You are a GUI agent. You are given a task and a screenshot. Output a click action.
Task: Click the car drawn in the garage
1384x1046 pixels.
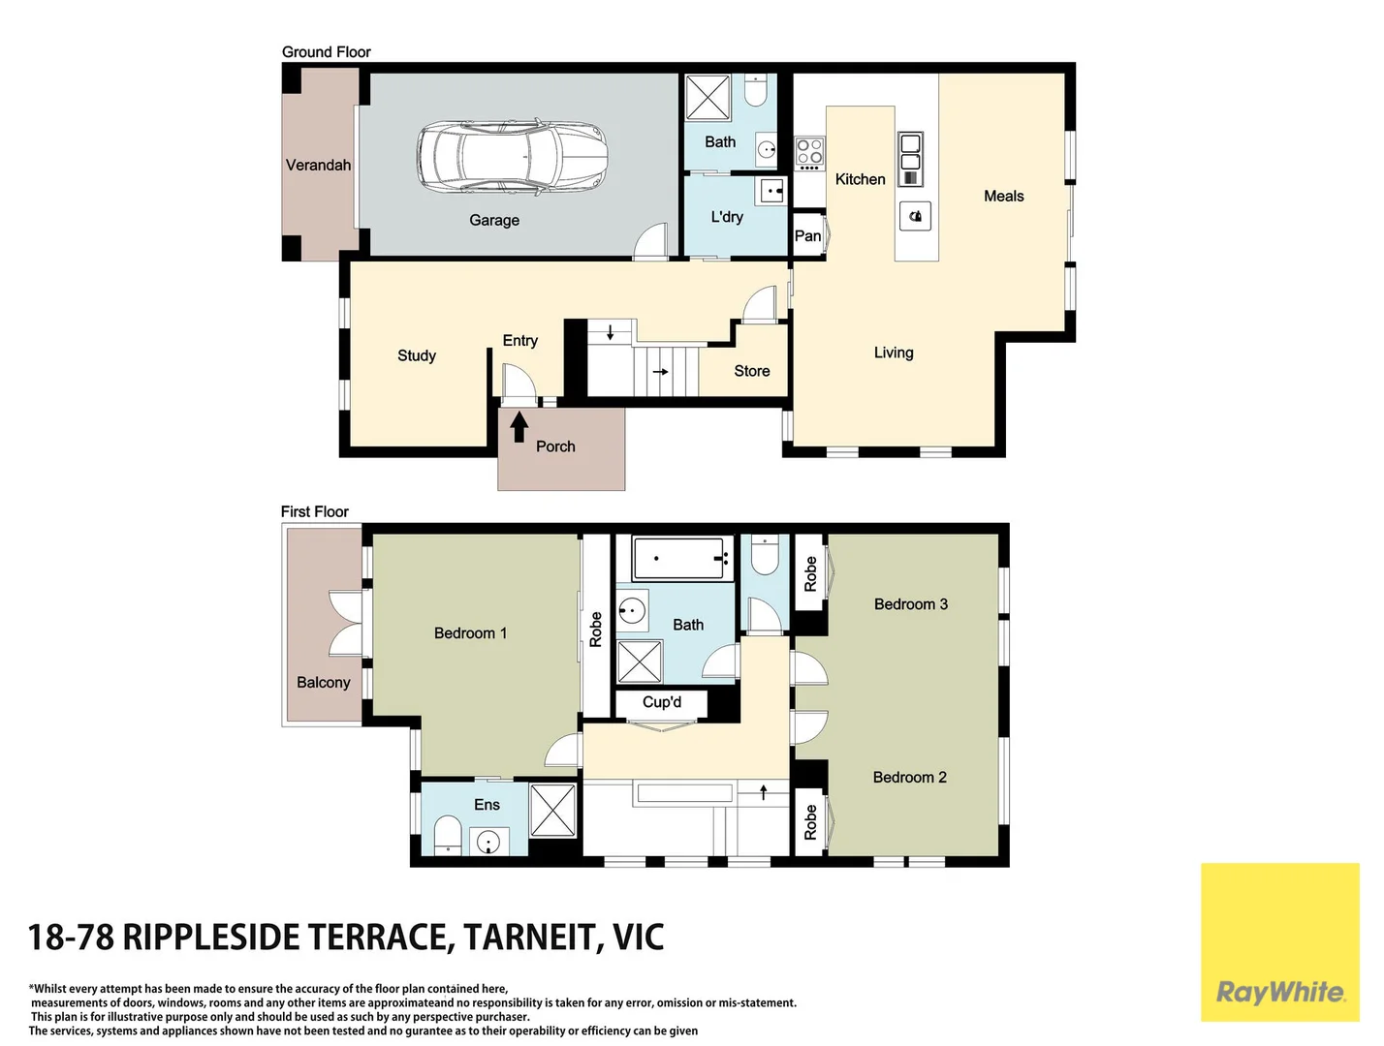(x=512, y=155)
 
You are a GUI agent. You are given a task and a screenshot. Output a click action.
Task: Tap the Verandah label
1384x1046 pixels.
(x=318, y=165)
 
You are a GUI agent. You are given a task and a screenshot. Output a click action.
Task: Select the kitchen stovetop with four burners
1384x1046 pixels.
(x=809, y=154)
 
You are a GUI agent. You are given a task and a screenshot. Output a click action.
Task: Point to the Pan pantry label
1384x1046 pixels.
(x=807, y=235)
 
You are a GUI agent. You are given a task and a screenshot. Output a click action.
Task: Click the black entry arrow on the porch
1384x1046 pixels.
(x=519, y=426)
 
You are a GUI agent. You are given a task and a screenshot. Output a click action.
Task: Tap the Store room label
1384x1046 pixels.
(x=751, y=371)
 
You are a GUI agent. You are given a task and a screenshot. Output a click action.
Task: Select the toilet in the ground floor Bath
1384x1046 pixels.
(x=754, y=91)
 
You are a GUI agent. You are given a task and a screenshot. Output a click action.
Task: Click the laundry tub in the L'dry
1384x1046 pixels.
(x=771, y=190)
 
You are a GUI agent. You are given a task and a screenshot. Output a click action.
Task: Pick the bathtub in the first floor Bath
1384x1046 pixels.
(x=677, y=558)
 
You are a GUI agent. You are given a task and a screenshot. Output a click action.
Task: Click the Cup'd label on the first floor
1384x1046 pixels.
(x=661, y=702)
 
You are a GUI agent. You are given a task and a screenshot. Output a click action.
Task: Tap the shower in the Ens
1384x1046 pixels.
(x=552, y=811)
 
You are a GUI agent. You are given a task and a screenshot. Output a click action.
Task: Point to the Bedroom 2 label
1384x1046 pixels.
(x=909, y=777)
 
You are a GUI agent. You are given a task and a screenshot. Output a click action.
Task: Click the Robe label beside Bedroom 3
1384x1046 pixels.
(x=810, y=573)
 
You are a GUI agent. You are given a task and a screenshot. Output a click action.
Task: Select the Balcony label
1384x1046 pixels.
(x=323, y=683)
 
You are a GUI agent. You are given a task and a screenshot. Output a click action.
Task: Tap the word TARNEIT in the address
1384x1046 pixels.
(x=529, y=937)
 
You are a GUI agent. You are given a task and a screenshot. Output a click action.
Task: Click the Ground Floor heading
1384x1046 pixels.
(x=326, y=51)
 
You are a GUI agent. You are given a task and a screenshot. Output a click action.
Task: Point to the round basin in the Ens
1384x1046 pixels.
(x=488, y=842)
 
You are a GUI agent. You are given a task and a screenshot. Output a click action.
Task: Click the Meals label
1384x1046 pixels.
(x=1004, y=196)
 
